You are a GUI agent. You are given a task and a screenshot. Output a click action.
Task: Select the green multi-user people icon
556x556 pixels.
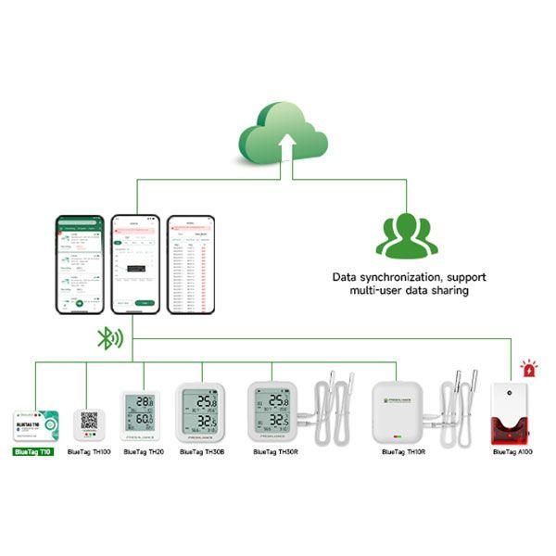(x=405, y=234)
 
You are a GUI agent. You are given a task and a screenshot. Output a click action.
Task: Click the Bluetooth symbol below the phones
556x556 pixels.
(x=107, y=338)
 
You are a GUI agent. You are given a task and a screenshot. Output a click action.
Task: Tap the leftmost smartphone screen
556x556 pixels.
(x=80, y=264)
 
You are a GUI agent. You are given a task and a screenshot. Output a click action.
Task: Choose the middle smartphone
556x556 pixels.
(x=134, y=264)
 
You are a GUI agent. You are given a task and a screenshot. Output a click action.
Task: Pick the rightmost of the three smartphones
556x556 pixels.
(x=190, y=264)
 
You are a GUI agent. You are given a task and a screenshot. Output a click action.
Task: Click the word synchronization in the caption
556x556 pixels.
(x=405, y=277)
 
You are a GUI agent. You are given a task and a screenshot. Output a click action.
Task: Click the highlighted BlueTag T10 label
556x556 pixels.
(x=34, y=452)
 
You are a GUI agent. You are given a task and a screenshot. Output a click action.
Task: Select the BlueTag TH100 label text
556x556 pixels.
(x=89, y=452)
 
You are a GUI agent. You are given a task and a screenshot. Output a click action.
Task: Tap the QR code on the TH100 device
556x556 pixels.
(x=90, y=420)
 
